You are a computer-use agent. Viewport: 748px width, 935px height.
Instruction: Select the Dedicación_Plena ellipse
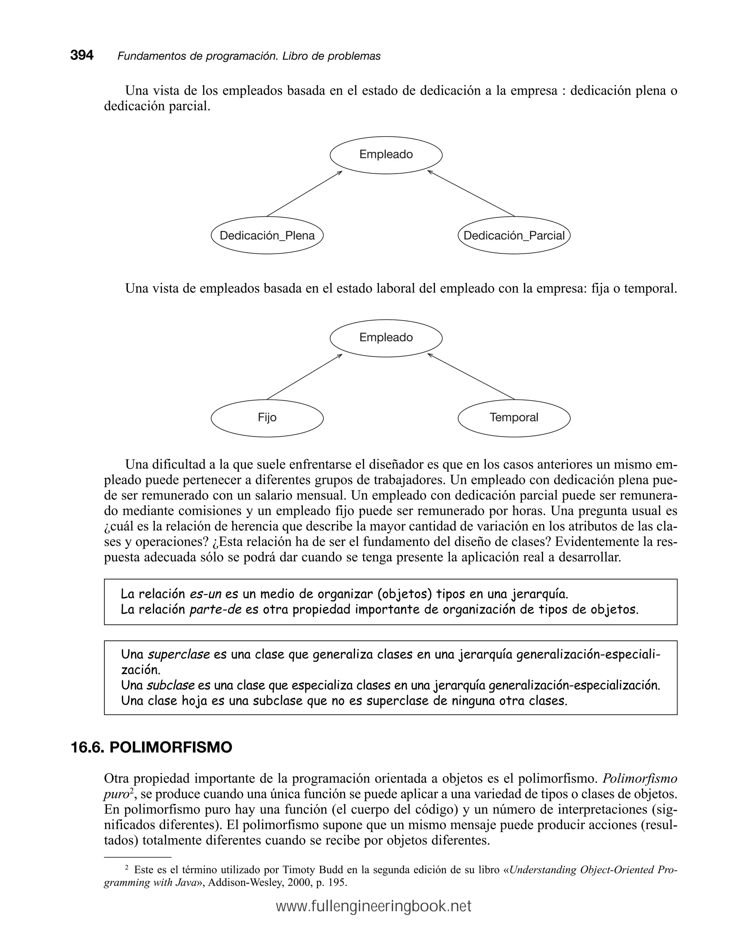(x=267, y=235)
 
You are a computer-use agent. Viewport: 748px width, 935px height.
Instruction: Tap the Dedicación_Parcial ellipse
(x=514, y=235)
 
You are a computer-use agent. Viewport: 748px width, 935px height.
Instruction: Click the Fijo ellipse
(x=267, y=418)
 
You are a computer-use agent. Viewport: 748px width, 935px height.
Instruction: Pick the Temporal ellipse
(x=514, y=418)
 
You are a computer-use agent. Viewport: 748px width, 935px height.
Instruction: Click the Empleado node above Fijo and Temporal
(x=386, y=338)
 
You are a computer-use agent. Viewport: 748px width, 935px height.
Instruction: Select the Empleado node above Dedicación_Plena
(x=386, y=155)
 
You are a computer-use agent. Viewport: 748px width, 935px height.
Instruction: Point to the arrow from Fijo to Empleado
(x=304, y=377)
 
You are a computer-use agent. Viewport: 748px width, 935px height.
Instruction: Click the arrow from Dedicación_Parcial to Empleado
(x=471, y=193)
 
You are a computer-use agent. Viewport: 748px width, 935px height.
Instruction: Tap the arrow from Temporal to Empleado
(x=471, y=377)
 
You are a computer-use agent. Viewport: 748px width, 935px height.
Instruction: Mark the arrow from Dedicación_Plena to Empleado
(x=304, y=193)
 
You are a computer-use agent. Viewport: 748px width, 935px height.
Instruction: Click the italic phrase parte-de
(x=215, y=610)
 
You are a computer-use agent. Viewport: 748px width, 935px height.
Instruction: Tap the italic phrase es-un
(x=205, y=594)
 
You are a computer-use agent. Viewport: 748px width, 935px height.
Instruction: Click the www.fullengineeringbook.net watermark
(x=374, y=907)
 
